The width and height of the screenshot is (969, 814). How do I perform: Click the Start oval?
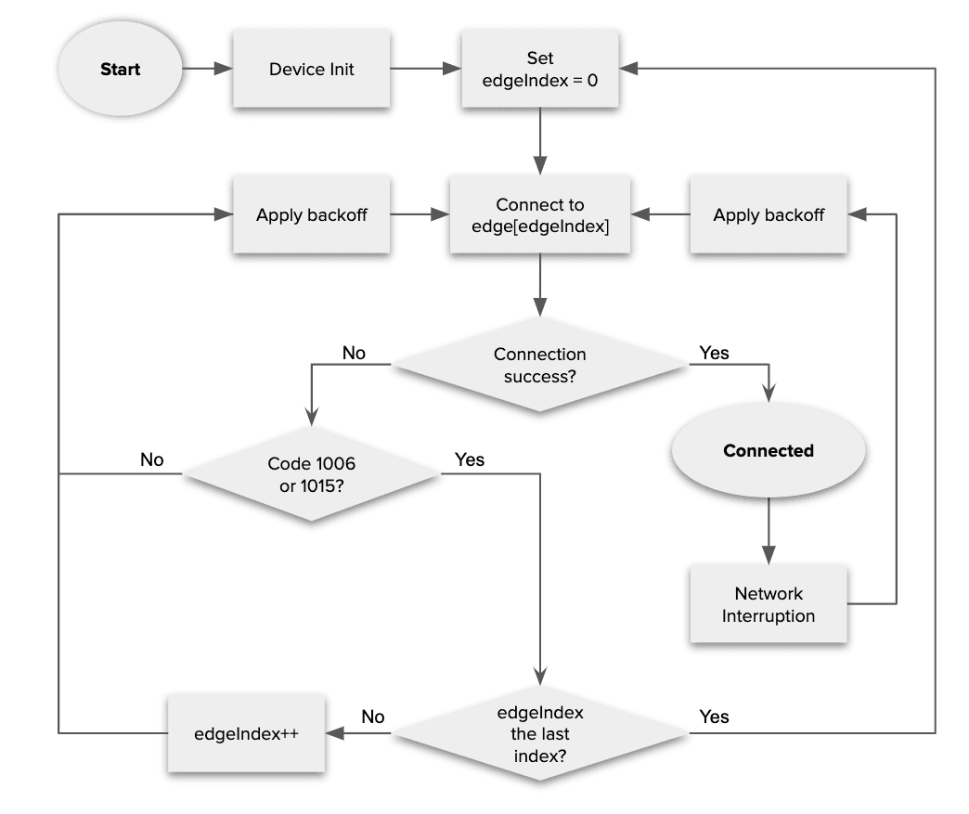[x=120, y=70]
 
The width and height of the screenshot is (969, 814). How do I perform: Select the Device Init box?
[x=311, y=70]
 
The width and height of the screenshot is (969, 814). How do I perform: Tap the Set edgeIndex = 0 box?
[x=539, y=70]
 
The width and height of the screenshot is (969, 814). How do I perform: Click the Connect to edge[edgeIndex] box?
[x=539, y=215]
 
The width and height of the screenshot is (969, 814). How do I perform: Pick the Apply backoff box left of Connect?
[x=311, y=215]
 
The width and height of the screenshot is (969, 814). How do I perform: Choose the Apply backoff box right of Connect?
[x=768, y=215]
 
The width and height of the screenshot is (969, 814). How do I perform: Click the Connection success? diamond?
[x=539, y=366]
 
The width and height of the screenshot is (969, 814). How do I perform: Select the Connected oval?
[x=768, y=451]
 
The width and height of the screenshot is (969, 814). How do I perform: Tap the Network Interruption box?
[x=768, y=604]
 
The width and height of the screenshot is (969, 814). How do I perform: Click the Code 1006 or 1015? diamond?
[x=311, y=473]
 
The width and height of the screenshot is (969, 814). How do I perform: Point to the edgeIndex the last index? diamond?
[x=539, y=733]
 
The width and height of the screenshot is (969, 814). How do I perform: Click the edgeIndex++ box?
[x=246, y=733]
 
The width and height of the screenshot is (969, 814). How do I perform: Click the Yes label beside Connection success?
[x=714, y=353]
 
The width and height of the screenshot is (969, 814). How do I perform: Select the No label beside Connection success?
[x=354, y=353]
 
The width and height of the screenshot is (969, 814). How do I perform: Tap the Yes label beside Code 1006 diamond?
[x=470, y=459]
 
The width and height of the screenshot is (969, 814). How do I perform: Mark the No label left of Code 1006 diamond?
[x=152, y=459]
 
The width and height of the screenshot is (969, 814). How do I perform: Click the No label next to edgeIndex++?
[x=372, y=717]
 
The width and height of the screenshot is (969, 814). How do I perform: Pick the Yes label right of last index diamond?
[x=714, y=717]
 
